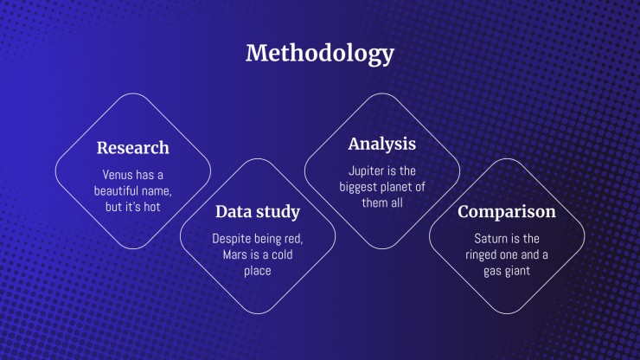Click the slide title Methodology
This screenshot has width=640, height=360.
320,55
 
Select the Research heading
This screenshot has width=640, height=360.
132,147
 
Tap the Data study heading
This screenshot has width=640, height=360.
258,212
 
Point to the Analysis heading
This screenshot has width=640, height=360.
382,145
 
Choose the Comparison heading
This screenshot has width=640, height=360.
507,212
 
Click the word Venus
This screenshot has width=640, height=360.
118,175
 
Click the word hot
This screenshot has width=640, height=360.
151,207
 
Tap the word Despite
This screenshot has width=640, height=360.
232,239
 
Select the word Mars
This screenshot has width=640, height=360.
234,254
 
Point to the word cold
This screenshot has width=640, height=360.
282,254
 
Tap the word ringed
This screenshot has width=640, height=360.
481,255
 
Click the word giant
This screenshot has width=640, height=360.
518,272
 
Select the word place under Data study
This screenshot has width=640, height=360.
258,272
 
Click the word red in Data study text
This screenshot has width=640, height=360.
293,239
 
